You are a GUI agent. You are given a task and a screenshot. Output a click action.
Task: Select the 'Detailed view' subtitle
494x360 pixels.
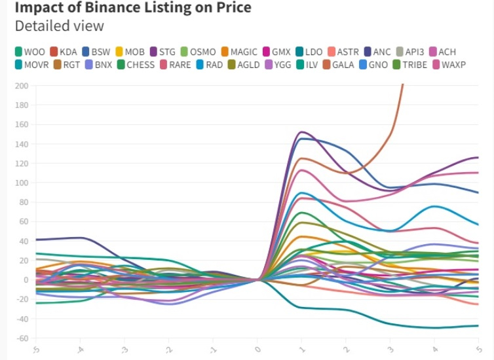[59, 26]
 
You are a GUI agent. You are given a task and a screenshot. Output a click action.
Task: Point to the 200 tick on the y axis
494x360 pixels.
[21, 86]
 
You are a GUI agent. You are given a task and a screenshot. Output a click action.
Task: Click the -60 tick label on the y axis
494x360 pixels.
[21, 338]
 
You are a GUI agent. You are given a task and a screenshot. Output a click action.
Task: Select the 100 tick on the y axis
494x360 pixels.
[21, 183]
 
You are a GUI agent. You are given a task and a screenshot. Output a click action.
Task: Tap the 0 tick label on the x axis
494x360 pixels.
[257, 350]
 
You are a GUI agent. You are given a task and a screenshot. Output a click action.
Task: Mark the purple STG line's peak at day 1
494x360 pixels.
[301, 132]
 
